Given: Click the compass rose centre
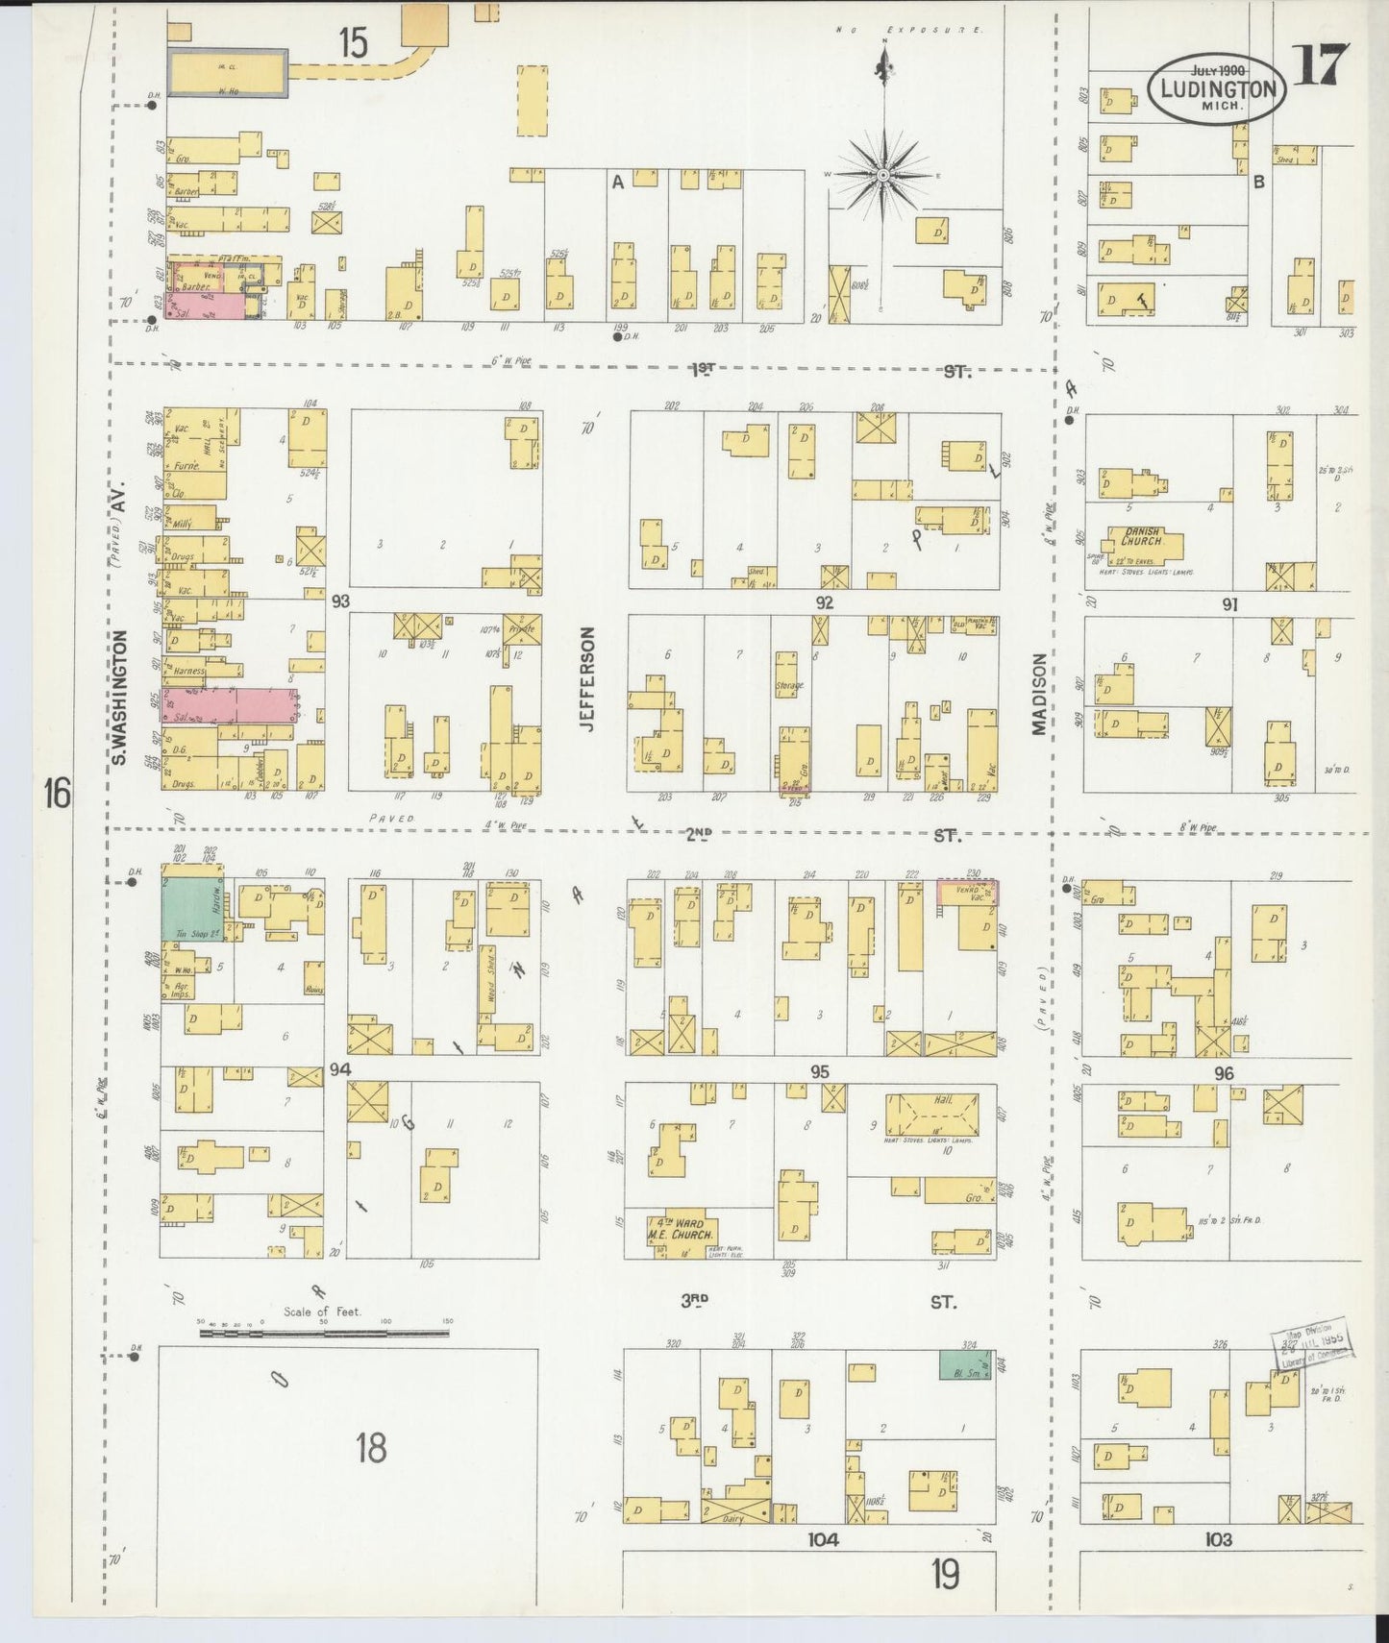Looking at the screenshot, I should click(x=882, y=175).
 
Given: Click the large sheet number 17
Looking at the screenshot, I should click(x=1322, y=65).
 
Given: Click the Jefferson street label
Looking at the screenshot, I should click(x=588, y=678).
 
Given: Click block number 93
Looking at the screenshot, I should click(x=339, y=601).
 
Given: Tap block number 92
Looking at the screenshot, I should click(x=824, y=602).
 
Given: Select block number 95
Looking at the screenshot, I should click(x=819, y=1070).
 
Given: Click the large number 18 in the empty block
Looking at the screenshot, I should click(x=371, y=1447).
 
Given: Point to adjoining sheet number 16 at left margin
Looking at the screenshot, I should click(x=57, y=794).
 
